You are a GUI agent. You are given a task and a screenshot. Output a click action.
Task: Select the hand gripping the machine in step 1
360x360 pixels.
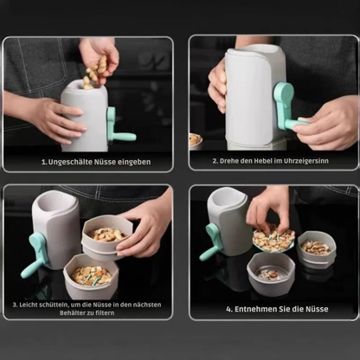point(52,119)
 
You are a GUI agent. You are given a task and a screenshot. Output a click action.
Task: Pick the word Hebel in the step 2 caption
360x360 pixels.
point(260,161)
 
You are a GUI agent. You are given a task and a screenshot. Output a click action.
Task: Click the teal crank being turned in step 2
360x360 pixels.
point(288,107)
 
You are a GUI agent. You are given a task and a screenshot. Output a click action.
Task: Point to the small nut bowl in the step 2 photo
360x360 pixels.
point(196,139)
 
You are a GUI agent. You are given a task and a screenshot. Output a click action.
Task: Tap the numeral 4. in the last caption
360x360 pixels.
point(228,308)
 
